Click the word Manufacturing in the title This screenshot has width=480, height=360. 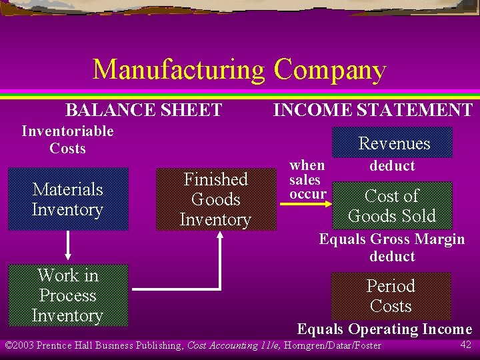pos(179,70)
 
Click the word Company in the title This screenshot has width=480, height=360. pos(329,70)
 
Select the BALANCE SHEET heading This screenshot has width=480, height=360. pos(143,110)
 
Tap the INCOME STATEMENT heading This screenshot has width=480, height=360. pos(373,110)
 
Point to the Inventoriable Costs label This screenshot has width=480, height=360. pos(67,139)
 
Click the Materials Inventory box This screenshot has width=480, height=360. pos(67,199)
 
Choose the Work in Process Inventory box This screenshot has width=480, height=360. pos(67,295)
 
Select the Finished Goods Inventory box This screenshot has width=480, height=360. pos(215,199)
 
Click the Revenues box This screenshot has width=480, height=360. pos(394,143)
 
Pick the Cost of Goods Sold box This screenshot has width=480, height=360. pos(391,206)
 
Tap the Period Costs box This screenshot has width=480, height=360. pos(391,296)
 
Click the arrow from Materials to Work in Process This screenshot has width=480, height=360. pos(67,247)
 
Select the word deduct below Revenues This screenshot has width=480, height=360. pos(392,166)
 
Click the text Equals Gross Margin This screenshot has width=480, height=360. pos(392,239)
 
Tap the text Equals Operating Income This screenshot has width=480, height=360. pos(384,329)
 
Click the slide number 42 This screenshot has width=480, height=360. pos(465,344)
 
